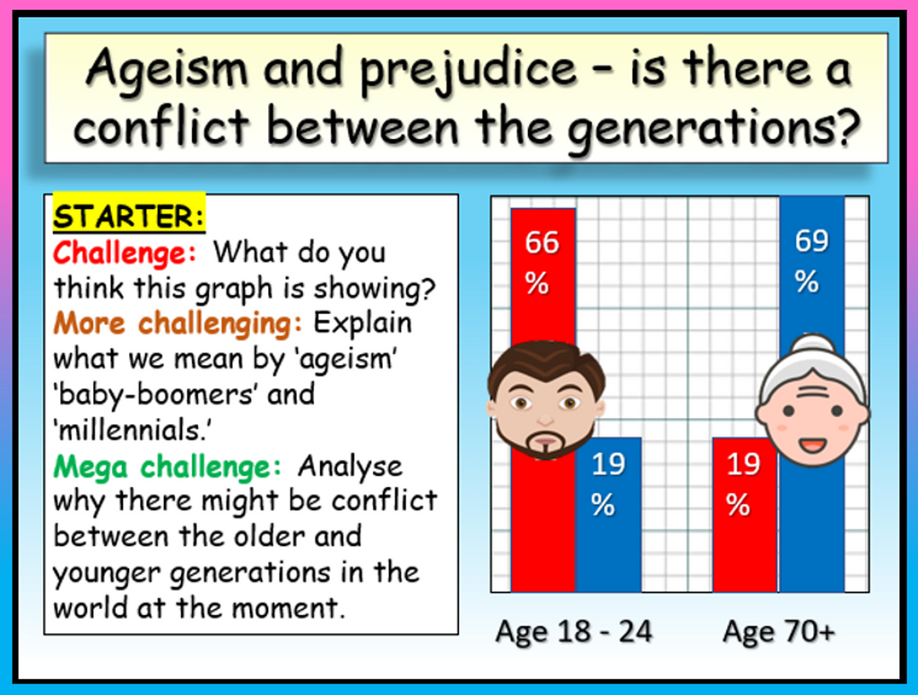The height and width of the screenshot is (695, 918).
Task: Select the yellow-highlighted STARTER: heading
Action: pyautogui.click(x=129, y=215)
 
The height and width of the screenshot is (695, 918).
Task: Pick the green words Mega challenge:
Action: pyautogui.click(x=168, y=466)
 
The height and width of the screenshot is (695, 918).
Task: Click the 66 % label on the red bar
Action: pyautogui.click(x=541, y=263)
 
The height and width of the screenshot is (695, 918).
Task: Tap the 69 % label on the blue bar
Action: pyautogui.click(x=811, y=261)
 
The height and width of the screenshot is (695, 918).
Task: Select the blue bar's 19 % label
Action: pyautogui.click(x=609, y=484)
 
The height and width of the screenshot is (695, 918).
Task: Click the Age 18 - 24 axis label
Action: pyautogui.click(x=574, y=631)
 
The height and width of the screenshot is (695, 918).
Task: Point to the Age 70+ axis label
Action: pyautogui.click(x=779, y=631)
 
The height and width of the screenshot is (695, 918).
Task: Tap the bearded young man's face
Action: pyautogui.click(x=546, y=400)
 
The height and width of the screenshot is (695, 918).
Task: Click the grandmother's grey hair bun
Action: pyautogui.click(x=813, y=344)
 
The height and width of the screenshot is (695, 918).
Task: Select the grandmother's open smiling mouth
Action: pyautogui.click(x=812, y=445)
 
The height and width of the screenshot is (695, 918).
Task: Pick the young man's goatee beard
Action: pyautogui.click(x=547, y=445)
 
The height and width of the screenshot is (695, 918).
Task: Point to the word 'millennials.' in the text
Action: pyautogui.click(x=133, y=430)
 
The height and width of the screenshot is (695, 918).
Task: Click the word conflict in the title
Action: pyautogui.click(x=162, y=126)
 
